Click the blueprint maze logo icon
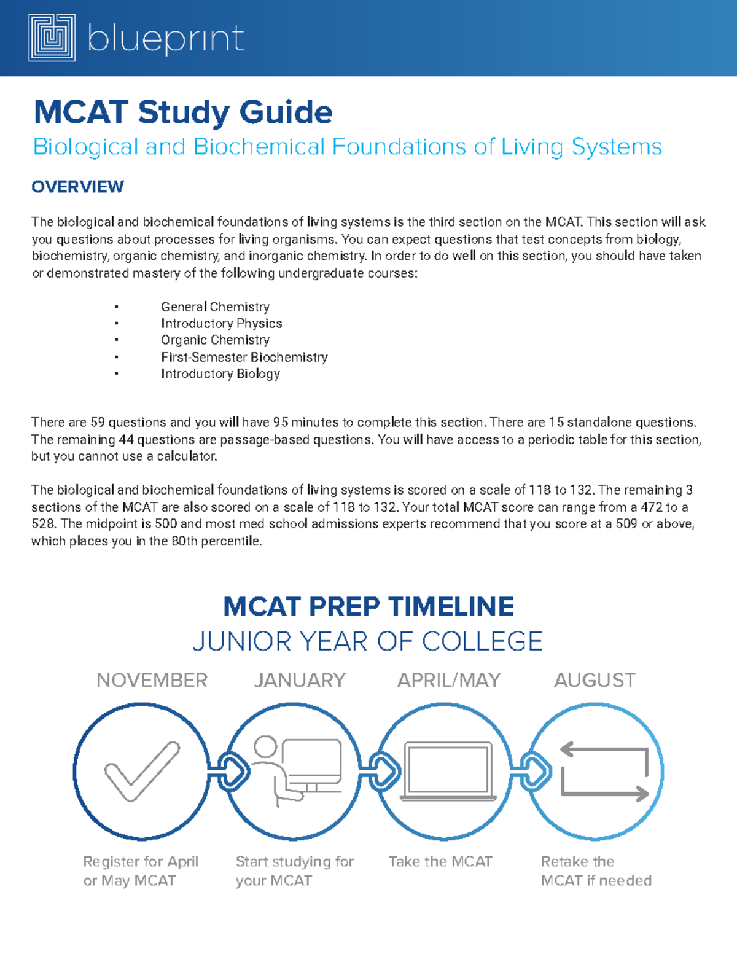pyautogui.click(x=52, y=38)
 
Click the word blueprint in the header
pyautogui.click(x=166, y=39)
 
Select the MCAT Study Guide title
pyautogui.click(x=183, y=112)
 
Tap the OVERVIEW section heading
pyautogui.click(x=77, y=187)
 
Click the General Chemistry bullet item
pyautogui.click(x=215, y=307)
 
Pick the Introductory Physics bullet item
pyautogui.click(x=221, y=323)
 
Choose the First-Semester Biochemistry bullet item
pyautogui.click(x=244, y=357)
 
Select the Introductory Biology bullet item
pyautogui.click(x=220, y=373)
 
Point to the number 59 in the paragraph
pyautogui.click(x=98, y=423)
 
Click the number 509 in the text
pyautogui.click(x=626, y=524)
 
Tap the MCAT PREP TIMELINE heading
pyautogui.click(x=368, y=607)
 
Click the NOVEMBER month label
pyautogui.click(x=152, y=680)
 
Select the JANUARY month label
pyautogui.click(x=300, y=680)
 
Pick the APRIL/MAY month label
pyautogui.click(x=449, y=680)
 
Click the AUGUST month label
pyautogui.click(x=595, y=680)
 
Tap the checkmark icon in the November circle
pyautogui.click(x=142, y=772)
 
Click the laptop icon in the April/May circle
pyautogui.click(x=448, y=772)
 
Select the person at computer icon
pyautogui.click(x=297, y=772)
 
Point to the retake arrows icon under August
pyautogui.click(x=604, y=772)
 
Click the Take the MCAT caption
pyautogui.click(x=440, y=862)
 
